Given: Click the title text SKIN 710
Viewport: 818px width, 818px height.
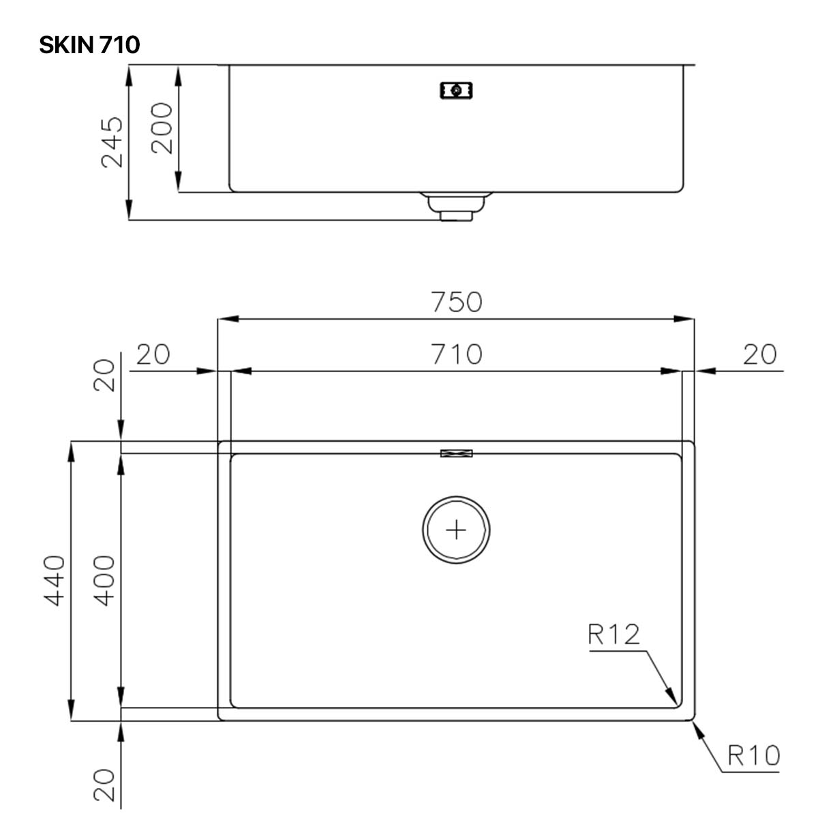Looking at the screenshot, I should click(89, 45).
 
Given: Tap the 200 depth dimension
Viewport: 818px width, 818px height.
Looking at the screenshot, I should click(162, 127).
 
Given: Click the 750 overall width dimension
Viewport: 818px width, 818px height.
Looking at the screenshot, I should click(456, 302).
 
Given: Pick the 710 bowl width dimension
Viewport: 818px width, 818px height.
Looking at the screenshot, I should click(456, 354).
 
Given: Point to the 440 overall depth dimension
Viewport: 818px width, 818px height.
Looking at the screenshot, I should click(55, 580).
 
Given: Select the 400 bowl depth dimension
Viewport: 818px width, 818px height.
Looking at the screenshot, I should click(105, 580).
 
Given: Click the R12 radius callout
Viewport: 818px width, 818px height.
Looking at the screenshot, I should click(613, 635).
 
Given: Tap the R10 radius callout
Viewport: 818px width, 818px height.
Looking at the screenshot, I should click(753, 755).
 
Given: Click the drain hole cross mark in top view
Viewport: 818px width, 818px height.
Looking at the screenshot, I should click(456, 530).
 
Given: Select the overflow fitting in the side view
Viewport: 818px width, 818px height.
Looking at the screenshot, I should click(456, 90).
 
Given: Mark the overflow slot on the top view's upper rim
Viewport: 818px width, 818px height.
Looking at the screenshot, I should click(456, 453).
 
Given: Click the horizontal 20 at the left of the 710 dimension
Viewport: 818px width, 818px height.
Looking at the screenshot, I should click(153, 354).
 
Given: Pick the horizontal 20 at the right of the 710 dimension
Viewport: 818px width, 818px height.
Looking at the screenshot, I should click(759, 354).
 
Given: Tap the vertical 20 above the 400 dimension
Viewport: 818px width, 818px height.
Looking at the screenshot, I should click(105, 375).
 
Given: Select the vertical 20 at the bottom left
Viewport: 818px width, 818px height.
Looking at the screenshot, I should click(105, 785).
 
